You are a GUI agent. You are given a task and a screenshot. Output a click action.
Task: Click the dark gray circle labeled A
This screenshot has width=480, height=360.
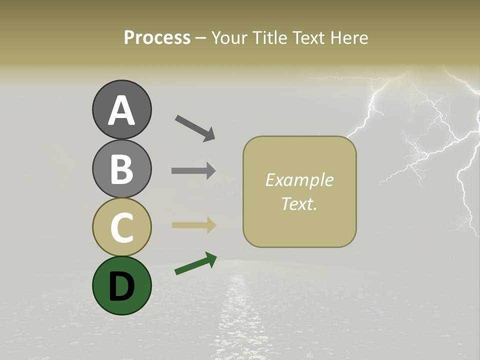(121, 109)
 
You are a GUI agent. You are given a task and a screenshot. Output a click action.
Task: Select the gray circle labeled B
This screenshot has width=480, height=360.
(121, 168)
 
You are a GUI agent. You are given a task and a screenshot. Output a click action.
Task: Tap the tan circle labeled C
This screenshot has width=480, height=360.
(121, 227)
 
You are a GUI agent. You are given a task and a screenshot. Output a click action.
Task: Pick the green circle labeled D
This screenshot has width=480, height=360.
(121, 285)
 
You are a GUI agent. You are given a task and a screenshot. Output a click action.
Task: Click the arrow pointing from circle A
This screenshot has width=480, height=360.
(195, 127)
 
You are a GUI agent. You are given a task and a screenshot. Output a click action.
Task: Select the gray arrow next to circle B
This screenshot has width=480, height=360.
(193, 170)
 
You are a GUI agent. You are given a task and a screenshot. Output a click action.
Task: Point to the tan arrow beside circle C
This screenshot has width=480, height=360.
(193, 225)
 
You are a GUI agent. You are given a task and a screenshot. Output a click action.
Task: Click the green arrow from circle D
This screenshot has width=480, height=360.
(195, 263)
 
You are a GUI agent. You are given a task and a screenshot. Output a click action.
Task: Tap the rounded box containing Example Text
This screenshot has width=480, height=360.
(299, 191)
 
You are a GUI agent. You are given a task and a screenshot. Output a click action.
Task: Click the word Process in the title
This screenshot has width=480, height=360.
(157, 37)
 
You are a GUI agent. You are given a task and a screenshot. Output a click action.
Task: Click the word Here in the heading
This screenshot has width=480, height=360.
(349, 37)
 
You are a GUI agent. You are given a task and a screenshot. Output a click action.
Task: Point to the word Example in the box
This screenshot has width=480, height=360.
(299, 180)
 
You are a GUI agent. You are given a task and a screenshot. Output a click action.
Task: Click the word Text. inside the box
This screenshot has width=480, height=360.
(299, 204)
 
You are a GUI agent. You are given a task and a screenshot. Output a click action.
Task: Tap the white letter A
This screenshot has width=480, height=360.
(121, 110)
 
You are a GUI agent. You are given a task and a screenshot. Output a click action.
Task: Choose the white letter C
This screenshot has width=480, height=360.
(121, 227)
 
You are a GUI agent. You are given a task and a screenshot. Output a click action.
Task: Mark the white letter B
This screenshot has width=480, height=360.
(121, 169)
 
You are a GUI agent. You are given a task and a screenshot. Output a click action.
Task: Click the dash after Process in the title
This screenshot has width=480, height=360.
(201, 38)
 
